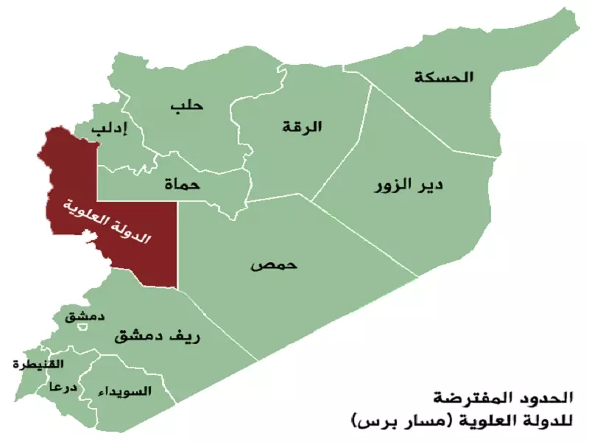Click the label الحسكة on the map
445,77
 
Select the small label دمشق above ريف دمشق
84,316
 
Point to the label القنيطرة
38,365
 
